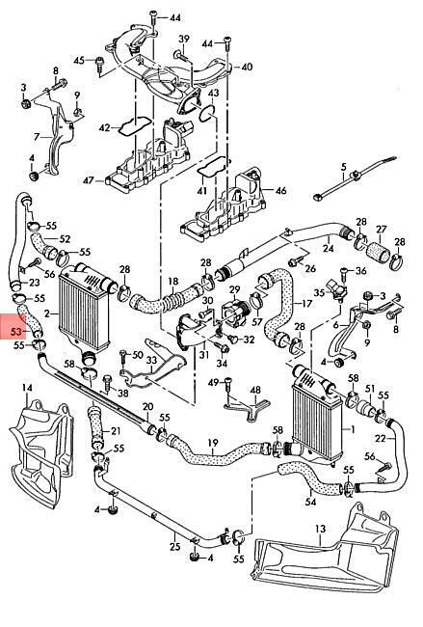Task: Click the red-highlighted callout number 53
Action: [x=16, y=332]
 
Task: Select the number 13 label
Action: [x=320, y=529]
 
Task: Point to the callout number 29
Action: [x=235, y=289]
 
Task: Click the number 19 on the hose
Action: [x=213, y=443]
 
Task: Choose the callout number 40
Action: [x=248, y=67]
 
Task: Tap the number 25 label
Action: [x=175, y=546]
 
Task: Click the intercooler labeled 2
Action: [x=84, y=308]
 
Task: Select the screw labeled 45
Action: [x=99, y=65]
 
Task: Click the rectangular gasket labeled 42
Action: [x=135, y=125]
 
